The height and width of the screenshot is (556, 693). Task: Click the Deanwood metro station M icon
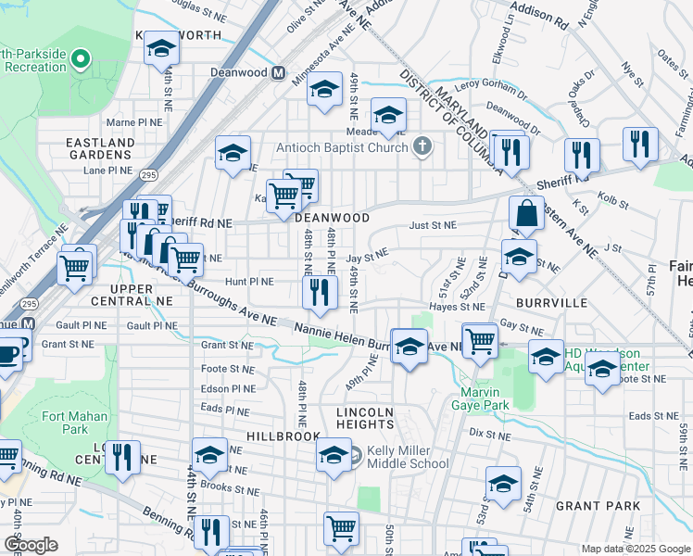pos(277,73)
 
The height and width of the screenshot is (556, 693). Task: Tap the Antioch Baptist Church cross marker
pos(422,146)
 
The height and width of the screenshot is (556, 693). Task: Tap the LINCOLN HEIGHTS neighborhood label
pos(365,418)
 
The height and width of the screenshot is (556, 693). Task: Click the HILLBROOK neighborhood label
pos(283,436)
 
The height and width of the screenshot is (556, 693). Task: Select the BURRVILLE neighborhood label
pos(554,302)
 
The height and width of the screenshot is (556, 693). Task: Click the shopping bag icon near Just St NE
pos(526,213)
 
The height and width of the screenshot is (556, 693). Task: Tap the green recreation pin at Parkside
pos(80,61)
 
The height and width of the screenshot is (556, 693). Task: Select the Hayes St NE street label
pos(457,306)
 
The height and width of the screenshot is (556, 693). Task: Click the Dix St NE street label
pos(490,433)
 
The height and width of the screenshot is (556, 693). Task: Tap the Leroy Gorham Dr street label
pos(490,83)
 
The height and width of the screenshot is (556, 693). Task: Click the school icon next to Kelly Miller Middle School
pos(334,455)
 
